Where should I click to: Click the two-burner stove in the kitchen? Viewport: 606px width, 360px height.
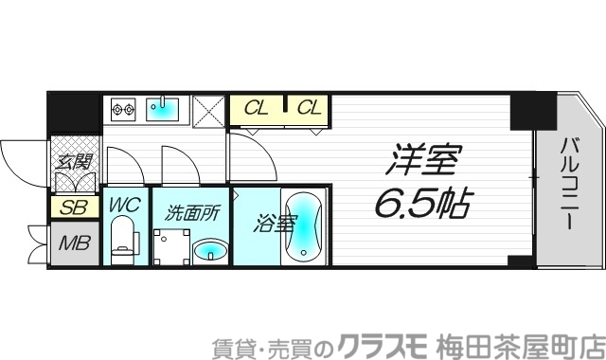pos(124,110)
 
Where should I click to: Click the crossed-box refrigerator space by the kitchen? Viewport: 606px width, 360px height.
pos(208,110)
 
